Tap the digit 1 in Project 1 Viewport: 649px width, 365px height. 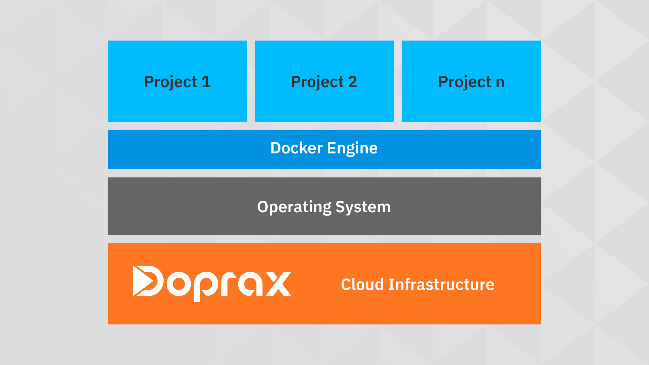(206, 82)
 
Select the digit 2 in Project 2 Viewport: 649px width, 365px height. (353, 82)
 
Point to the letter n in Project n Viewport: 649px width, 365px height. (500, 83)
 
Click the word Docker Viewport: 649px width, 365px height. (296, 148)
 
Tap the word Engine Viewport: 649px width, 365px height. (352, 149)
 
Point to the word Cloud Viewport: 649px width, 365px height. (362, 284)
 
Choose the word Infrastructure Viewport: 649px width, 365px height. (441, 284)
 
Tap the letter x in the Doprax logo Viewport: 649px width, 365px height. (279, 284)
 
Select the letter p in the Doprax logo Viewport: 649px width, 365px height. (206, 286)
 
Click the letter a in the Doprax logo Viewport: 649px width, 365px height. (250, 284)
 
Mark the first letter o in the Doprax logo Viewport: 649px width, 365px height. (179, 284)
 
